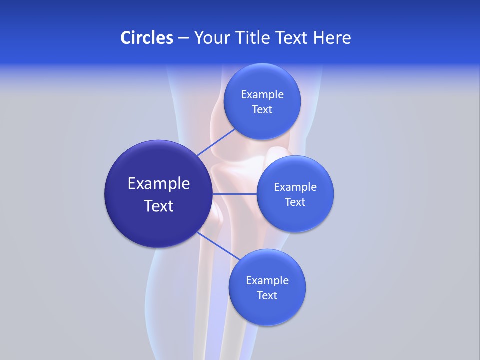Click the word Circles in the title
[x=146, y=37]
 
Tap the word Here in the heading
[x=332, y=37]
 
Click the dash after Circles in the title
[x=183, y=38]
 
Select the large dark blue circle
[x=158, y=225]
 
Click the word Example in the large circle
[x=159, y=184]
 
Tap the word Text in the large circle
[x=159, y=206]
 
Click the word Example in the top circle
[x=262, y=95]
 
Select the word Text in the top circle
[x=262, y=110]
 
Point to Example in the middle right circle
[x=295, y=187]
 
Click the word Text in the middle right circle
[x=295, y=202]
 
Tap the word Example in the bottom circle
[x=267, y=281]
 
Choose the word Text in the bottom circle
[x=267, y=296]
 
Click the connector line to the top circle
[x=217, y=142]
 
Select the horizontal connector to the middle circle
[x=234, y=193]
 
